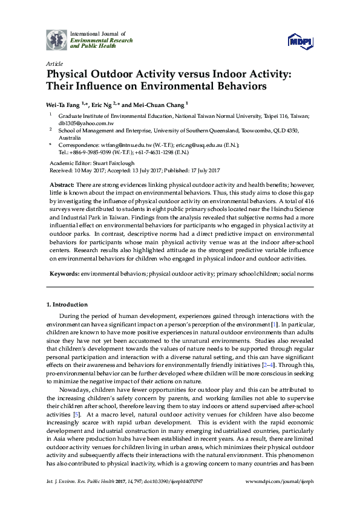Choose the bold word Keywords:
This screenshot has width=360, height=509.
(x=65, y=273)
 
